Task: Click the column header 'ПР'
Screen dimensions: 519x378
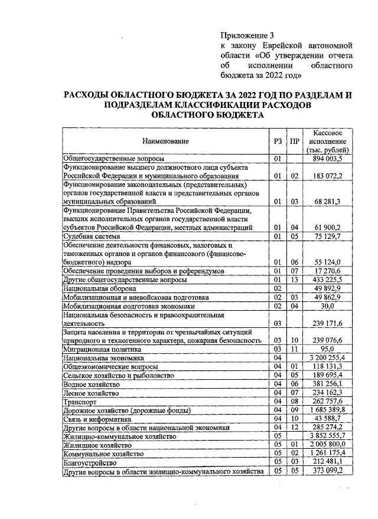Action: (x=294, y=142)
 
